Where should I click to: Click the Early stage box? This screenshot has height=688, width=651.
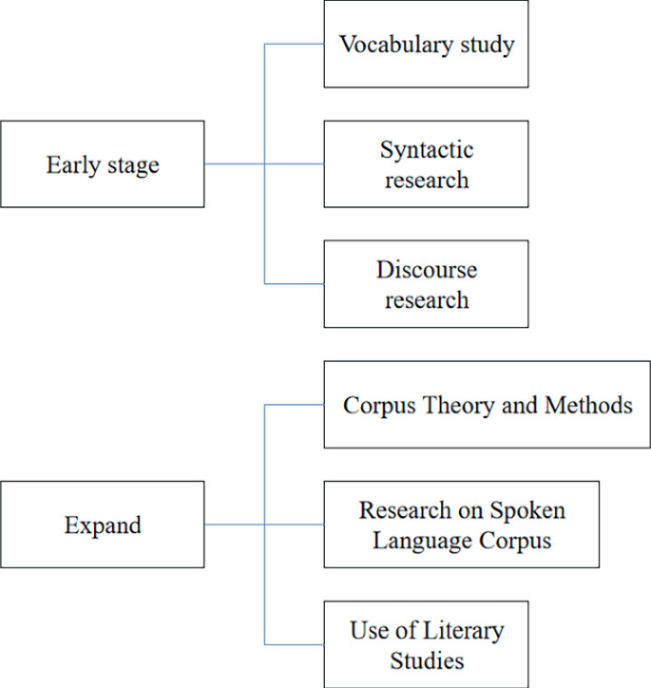102,164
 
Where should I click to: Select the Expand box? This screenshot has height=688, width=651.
102,525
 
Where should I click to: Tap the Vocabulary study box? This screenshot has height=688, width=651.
426,45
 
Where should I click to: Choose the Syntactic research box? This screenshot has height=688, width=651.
426,164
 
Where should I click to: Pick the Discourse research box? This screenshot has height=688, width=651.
426,284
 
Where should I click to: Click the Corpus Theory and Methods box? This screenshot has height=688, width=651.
487,405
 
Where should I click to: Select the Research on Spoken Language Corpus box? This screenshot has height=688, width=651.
461,525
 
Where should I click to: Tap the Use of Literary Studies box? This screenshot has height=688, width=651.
426,643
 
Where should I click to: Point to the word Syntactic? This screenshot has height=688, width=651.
427,150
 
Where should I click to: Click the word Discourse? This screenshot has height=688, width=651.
426,270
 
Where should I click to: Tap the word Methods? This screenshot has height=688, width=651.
588,406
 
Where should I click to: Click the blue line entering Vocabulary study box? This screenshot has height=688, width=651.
295,45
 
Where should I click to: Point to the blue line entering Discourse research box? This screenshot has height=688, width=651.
295,284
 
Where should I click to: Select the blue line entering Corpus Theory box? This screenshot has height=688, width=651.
295,405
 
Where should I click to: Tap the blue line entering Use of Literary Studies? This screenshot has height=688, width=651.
295,644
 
